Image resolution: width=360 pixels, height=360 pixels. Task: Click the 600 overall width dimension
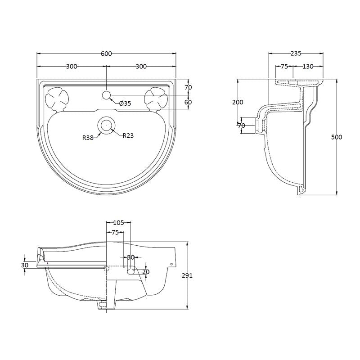click(106, 54)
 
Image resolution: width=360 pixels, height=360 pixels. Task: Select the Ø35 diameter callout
click(125, 103)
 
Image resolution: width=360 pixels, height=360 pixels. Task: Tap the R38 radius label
click(88, 138)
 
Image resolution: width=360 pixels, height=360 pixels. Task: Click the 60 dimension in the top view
click(188, 102)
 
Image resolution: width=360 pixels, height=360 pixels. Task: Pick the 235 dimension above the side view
click(296, 54)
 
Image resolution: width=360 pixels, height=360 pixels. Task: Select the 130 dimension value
click(308, 67)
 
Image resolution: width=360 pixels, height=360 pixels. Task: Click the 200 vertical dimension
click(237, 102)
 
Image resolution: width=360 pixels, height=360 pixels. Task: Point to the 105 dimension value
click(118, 223)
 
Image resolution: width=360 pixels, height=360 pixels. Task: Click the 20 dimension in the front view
click(145, 272)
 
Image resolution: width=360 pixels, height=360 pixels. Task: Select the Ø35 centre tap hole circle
click(106, 95)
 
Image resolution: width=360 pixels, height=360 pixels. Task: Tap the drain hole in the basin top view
click(106, 126)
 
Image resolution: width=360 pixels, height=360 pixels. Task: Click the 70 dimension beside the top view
click(188, 87)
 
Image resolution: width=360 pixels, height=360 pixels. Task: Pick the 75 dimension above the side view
click(284, 67)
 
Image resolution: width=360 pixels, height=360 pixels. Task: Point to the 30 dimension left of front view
click(24, 265)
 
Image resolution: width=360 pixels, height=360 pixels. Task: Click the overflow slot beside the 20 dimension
click(132, 271)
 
